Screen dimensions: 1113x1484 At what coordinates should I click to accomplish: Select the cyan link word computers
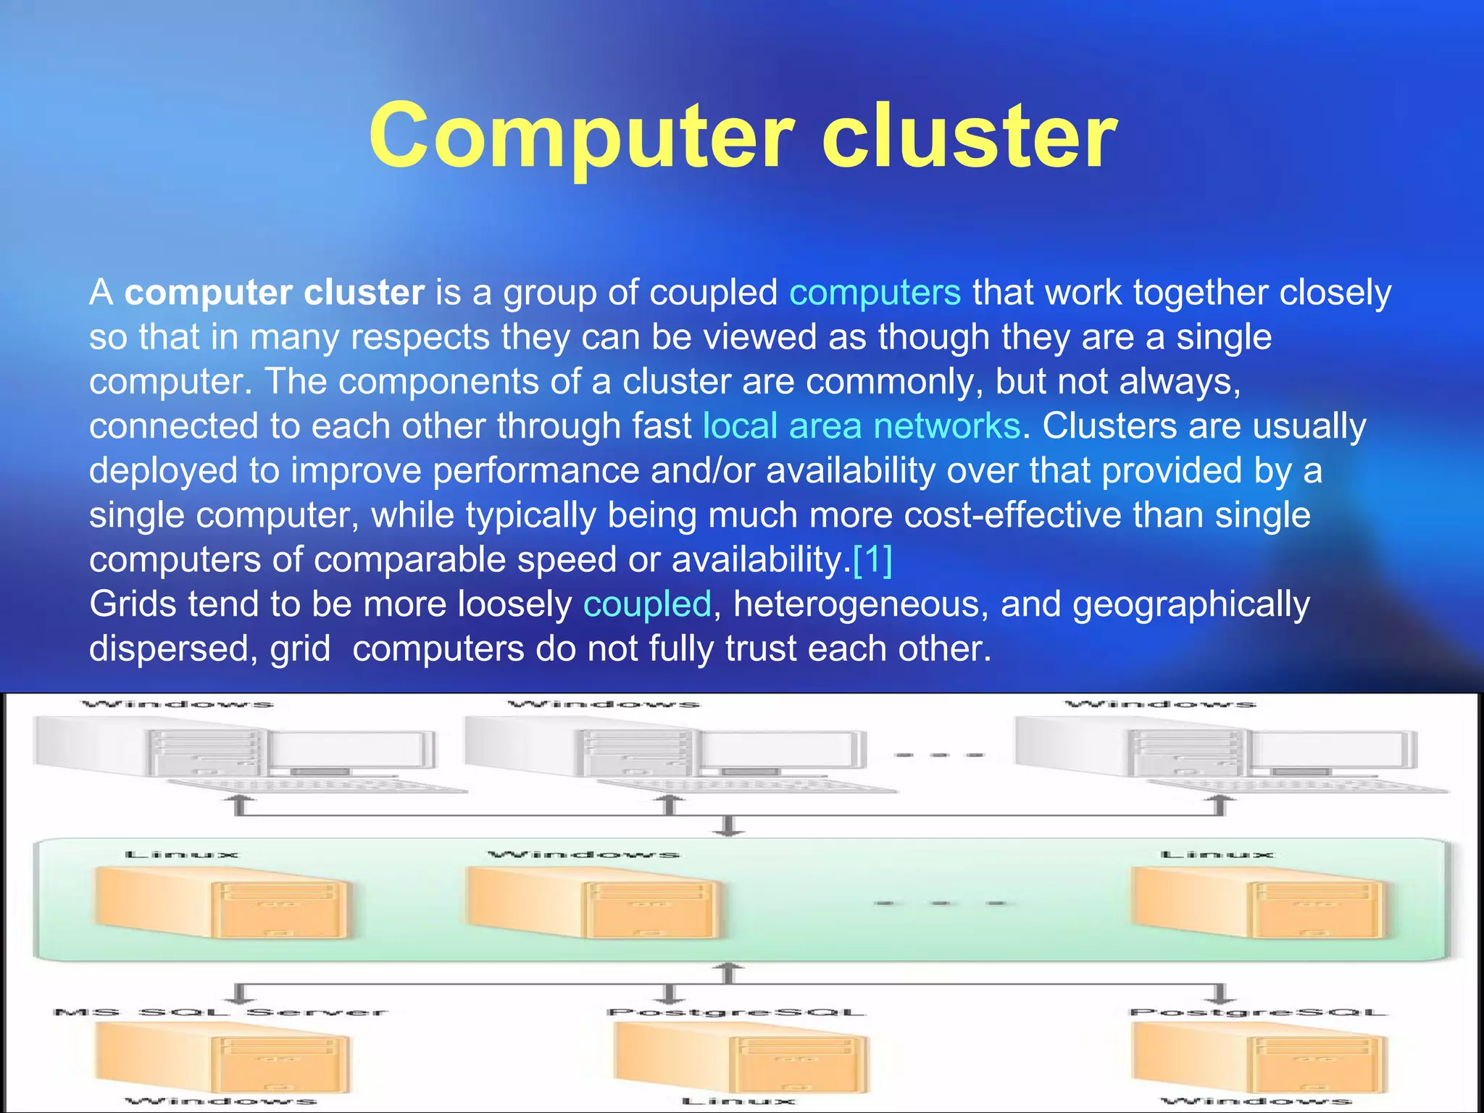click(875, 293)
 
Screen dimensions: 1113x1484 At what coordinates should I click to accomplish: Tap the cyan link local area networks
click(861, 426)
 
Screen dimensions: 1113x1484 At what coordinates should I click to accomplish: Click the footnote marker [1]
click(872, 559)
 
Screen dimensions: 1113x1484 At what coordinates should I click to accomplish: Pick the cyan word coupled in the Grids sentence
click(647, 604)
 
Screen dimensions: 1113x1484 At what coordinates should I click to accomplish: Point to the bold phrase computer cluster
click(274, 293)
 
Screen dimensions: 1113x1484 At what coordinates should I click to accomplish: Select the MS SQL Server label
click(220, 1012)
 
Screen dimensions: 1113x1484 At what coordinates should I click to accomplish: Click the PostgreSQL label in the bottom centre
click(736, 1012)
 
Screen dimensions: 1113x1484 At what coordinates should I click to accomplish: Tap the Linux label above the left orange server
click(181, 855)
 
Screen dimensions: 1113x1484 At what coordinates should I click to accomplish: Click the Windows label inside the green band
click(583, 855)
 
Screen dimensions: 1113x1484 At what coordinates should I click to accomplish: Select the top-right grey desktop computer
click(1217, 754)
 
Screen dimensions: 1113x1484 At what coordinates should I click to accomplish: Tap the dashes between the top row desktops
click(939, 755)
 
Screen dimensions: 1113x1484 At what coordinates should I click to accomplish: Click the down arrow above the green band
click(730, 826)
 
